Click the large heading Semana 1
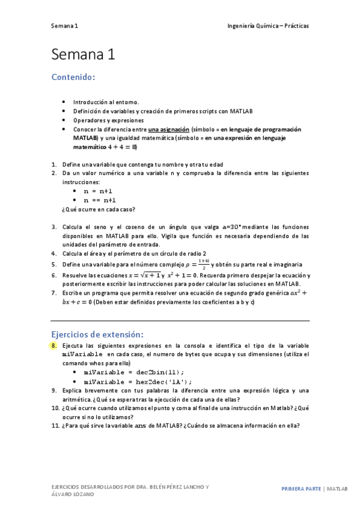pyautogui.click(x=83, y=55)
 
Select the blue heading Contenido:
pyautogui.click(x=73, y=78)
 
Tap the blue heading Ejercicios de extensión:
pyautogui.click(x=98, y=334)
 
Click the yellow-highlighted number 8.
pyautogui.click(x=53, y=346)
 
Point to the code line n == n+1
pyautogui.click(x=100, y=200)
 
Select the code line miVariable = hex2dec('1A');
pyautogui.click(x=138, y=381)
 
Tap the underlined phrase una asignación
pyautogui.click(x=169, y=129)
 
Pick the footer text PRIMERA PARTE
pyautogui.click(x=301, y=489)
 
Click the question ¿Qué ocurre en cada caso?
pyautogui.click(x=99, y=209)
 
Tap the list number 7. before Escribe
pyautogui.click(x=53, y=292)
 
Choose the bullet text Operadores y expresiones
pyautogui.click(x=105, y=120)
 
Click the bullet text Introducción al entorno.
pyautogui.click(x=106, y=102)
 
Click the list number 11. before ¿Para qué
pyautogui.click(x=55, y=426)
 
